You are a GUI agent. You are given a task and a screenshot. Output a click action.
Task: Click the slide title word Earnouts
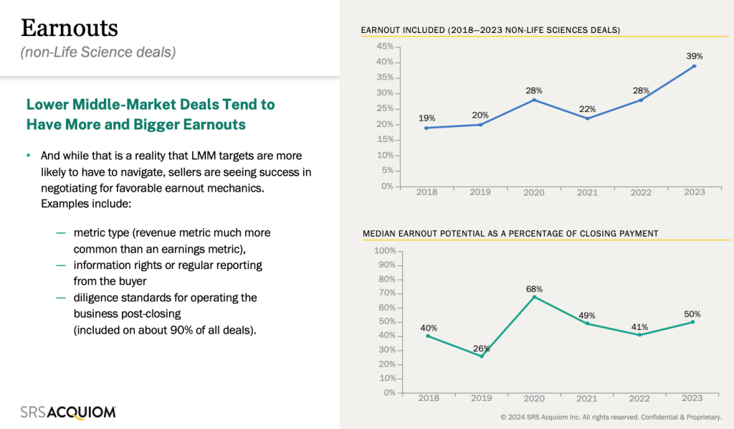pos(70,28)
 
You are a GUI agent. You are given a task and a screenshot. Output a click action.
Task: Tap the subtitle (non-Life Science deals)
pos(98,52)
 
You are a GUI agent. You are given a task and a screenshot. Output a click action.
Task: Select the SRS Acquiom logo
pos(68,412)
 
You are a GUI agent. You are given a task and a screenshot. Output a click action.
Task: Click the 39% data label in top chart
pos(694,55)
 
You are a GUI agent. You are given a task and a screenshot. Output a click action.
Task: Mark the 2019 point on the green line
pos(482,356)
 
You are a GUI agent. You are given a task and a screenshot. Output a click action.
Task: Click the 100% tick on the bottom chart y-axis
pos(384,251)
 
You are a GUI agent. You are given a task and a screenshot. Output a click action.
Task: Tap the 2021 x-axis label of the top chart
pos(587,192)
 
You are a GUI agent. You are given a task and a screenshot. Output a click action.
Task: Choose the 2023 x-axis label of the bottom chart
pos(693,398)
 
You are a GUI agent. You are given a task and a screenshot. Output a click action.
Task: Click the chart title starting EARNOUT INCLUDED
pos(490,30)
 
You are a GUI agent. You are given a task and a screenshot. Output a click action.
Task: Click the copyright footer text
pos(611,417)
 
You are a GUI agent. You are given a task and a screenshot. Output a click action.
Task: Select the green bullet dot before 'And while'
pos(29,156)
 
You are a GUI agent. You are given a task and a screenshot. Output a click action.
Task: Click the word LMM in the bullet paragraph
pos(204,156)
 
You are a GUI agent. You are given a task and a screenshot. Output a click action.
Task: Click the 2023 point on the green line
pos(693,322)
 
